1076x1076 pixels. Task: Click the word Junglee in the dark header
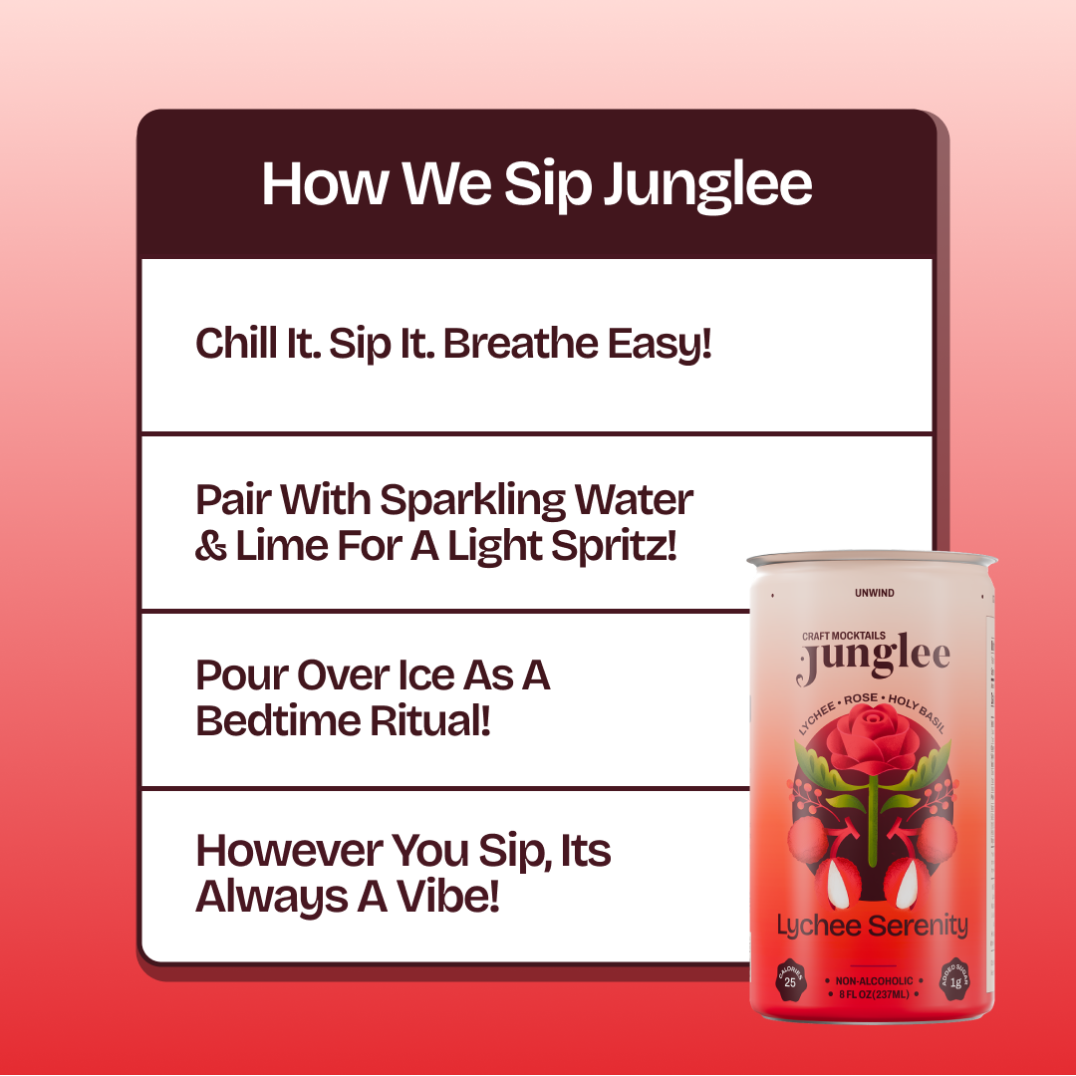(x=707, y=185)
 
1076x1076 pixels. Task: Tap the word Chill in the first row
(x=237, y=343)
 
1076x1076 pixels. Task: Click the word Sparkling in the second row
(x=472, y=501)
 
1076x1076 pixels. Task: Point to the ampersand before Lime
(x=210, y=547)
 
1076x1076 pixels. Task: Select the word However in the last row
(x=289, y=851)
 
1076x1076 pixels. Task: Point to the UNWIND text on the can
(x=875, y=593)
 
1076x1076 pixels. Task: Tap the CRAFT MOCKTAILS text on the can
(x=844, y=636)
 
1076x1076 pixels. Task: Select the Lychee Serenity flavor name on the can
(x=872, y=926)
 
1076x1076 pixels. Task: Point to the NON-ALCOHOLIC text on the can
(x=875, y=981)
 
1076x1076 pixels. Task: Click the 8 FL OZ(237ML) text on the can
(x=875, y=994)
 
